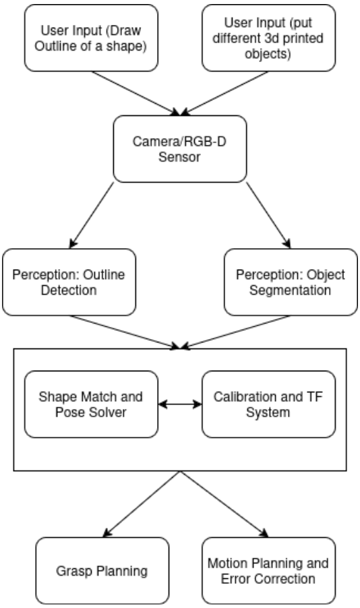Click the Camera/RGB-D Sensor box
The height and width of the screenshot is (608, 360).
[x=180, y=148]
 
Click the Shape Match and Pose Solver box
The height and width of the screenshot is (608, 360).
[x=92, y=404]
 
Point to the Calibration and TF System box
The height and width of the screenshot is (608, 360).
[x=268, y=404]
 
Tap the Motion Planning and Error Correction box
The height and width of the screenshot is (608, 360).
[x=268, y=570]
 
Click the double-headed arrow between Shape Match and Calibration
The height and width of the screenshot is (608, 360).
[x=180, y=404]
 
